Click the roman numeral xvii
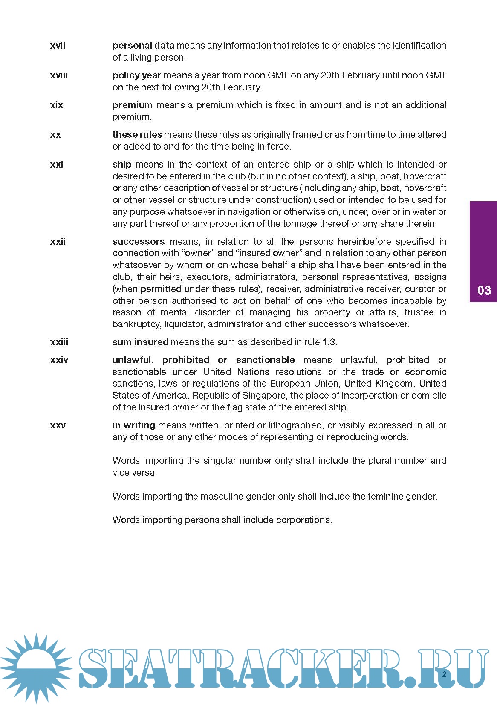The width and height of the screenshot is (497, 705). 58,46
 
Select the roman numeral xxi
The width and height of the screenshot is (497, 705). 57,165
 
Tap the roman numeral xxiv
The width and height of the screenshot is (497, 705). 59,360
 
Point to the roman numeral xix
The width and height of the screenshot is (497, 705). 57,105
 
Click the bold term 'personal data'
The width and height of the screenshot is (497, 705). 143,46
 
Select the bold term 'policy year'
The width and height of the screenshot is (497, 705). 137,75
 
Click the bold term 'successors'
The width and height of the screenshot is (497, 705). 139,242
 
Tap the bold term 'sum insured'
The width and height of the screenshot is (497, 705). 140,342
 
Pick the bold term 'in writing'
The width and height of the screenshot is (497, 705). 133,425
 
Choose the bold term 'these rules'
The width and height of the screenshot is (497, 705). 137,135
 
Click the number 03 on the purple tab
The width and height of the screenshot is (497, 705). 484,291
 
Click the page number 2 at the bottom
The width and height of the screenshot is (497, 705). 444,675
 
